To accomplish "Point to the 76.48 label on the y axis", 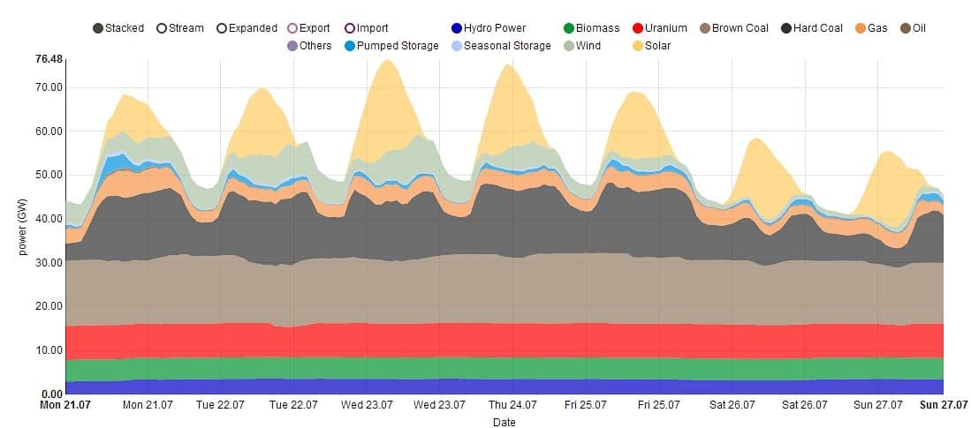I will pyautogui.click(x=49, y=59).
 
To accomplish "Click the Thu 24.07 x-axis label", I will pyautogui.click(x=512, y=406).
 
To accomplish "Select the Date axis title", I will pyautogui.click(x=504, y=422).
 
